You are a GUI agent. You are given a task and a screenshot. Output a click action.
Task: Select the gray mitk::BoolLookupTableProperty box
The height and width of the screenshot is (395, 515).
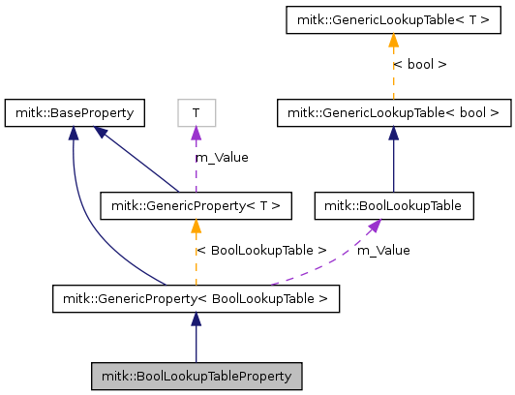click(x=197, y=374)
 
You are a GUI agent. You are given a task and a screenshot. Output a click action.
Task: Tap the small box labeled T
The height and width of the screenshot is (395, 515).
click(x=196, y=112)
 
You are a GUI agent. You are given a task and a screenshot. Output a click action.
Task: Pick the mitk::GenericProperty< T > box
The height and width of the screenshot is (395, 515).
click(x=196, y=205)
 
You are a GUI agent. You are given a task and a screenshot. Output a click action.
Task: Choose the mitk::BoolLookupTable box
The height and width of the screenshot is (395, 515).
click(x=393, y=205)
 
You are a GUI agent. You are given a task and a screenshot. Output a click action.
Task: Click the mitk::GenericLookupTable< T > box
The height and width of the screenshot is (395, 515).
click(x=393, y=19)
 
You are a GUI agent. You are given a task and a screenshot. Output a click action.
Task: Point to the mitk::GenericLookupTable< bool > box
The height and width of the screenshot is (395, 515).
click(x=393, y=112)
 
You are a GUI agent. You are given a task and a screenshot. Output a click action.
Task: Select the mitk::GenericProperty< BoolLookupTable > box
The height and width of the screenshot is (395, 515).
click(x=196, y=299)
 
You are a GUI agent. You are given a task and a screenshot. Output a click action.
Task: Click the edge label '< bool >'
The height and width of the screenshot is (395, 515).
click(x=419, y=65)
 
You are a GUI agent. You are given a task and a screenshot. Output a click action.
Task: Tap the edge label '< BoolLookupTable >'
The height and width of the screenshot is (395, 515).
click(x=261, y=250)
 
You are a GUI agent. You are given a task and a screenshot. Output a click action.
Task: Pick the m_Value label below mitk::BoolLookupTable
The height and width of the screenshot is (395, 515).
click(x=383, y=250)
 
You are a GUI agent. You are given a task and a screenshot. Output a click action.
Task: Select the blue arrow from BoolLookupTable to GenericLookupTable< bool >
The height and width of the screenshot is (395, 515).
click(x=393, y=160)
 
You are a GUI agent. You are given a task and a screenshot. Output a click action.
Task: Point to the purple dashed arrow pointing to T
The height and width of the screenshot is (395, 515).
click(x=196, y=165)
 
